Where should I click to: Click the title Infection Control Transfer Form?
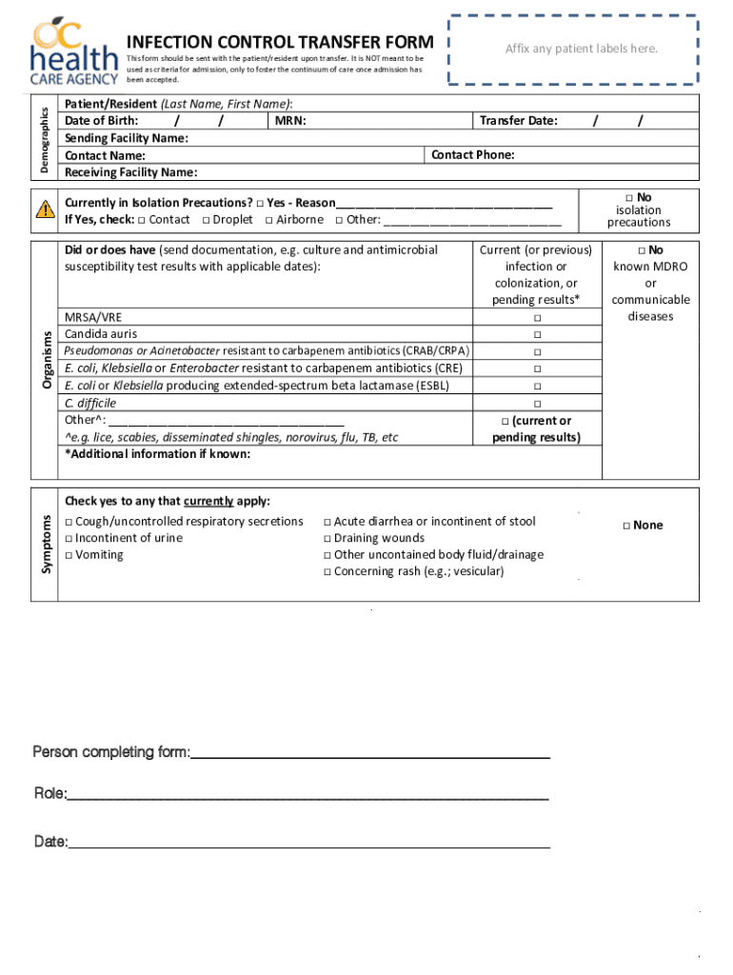pos(280,42)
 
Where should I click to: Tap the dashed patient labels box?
pos(581,49)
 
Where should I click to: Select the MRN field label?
pos(290,121)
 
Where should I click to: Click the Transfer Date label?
pos(519,121)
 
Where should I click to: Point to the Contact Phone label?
pos(473,155)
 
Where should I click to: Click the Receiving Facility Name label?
pos(130,172)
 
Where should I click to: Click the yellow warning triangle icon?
pos(44,210)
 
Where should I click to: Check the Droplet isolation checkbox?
pos(206,220)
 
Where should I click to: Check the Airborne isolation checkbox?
pos(269,220)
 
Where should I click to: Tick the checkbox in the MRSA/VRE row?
pos(536,317)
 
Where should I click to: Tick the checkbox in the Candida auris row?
pos(536,334)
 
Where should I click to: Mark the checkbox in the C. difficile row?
pos(536,403)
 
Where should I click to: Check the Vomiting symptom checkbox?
pos(69,555)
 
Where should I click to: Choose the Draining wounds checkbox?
pos(327,539)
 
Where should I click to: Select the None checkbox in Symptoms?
pos(626,526)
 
